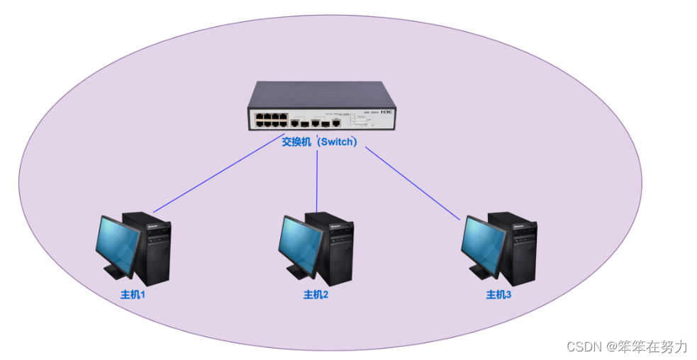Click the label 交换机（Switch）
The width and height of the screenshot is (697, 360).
click(x=318, y=141)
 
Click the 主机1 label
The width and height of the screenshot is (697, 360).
click(x=133, y=294)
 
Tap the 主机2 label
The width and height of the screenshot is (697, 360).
click(x=316, y=294)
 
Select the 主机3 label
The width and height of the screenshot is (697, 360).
click(x=498, y=294)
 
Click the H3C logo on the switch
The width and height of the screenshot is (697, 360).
click(x=386, y=112)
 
